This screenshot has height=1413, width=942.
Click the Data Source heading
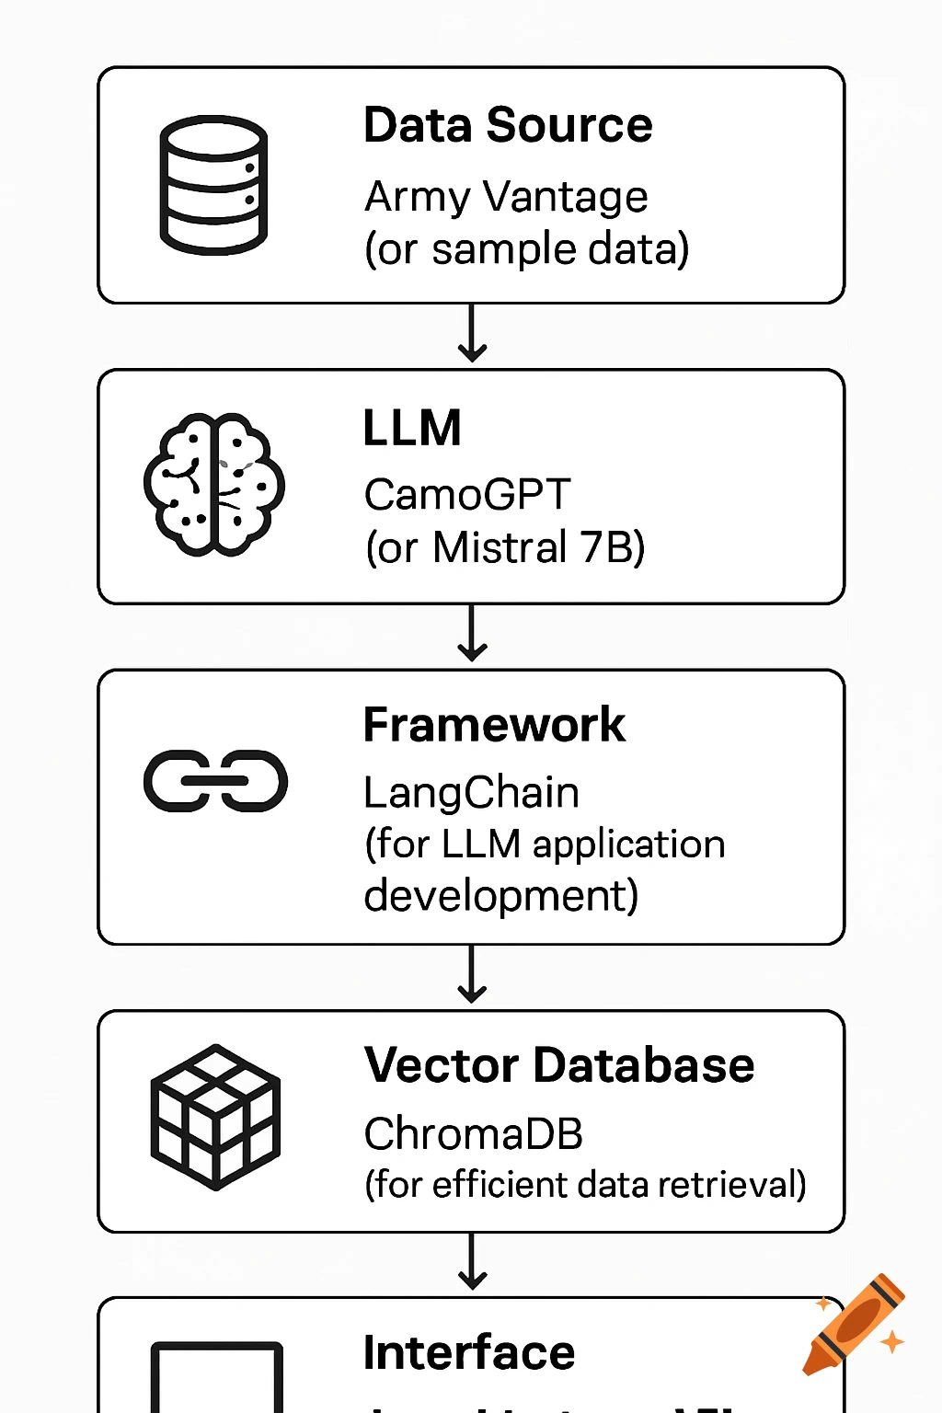pos(508,125)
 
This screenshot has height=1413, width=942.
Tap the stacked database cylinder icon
pos(213,185)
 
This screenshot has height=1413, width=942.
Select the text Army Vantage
pos(506,197)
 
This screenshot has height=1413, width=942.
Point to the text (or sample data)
pos(526,249)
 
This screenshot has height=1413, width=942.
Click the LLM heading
pos(412,429)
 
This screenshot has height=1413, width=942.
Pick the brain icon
pos(213,485)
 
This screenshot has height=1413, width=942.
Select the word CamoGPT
pos(467,495)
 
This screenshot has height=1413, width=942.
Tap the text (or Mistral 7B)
pos(505,547)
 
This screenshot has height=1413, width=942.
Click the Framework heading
pos(494,725)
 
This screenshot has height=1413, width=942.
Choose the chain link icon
pos(215,781)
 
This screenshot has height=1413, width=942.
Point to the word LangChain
pos(471,793)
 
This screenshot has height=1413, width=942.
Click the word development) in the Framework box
pos(500,896)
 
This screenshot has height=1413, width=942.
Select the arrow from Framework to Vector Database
pos(472,975)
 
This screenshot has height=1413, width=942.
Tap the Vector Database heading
pos(559,1065)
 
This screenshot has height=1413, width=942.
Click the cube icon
pos(215,1117)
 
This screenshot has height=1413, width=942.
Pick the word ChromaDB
pos(473,1134)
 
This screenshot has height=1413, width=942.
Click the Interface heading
pos(469,1352)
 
